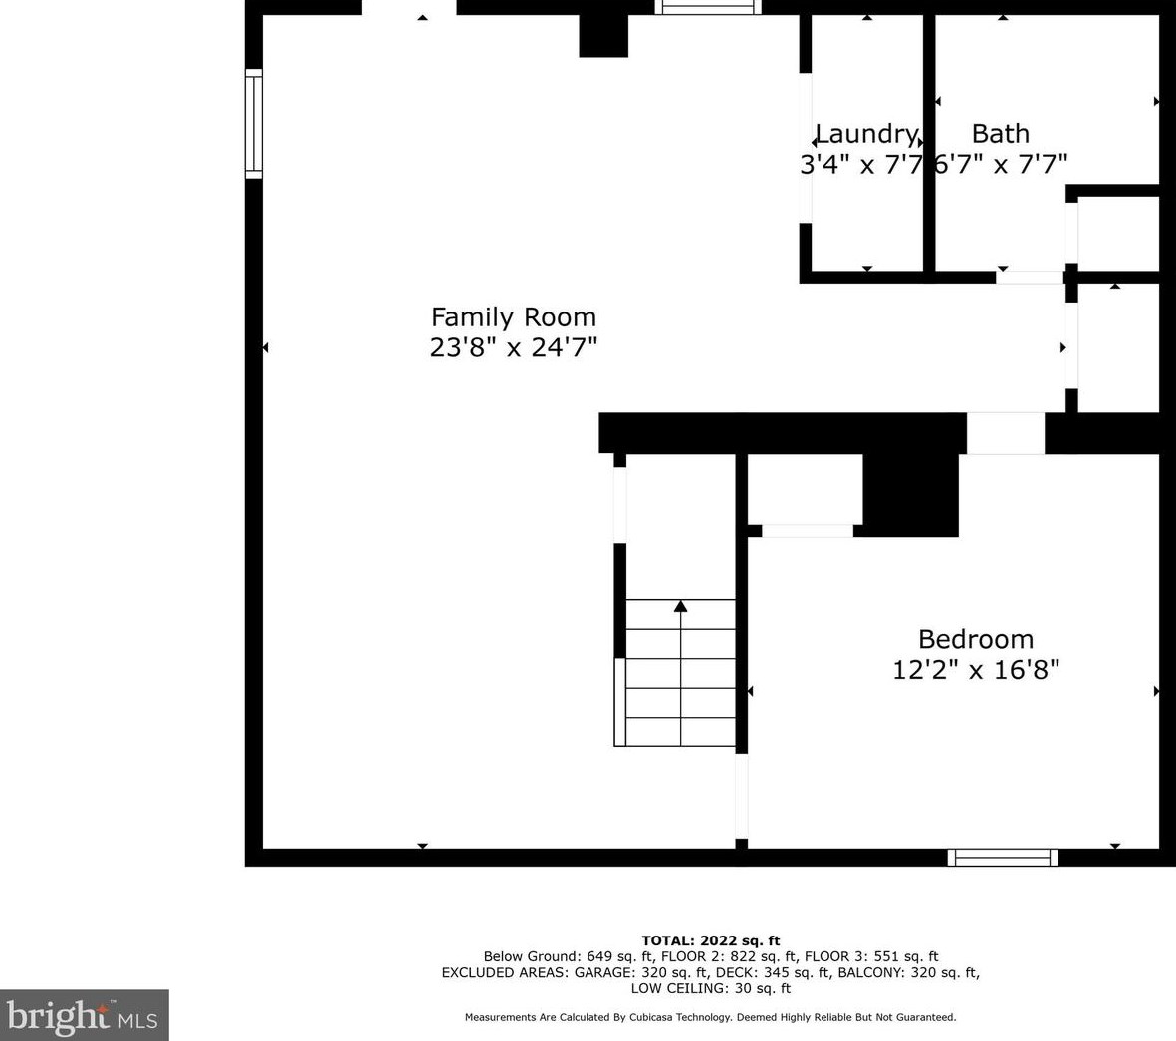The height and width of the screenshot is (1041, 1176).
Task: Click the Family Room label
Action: [514, 317]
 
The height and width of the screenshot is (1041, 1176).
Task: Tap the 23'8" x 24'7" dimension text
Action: [514, 347]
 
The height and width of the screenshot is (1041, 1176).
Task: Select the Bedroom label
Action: [976, 639]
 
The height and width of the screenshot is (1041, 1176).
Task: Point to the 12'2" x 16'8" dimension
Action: [976, 669]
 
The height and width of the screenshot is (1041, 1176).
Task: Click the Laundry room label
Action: [866, 135]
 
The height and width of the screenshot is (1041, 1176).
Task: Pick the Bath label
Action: [1001, 134]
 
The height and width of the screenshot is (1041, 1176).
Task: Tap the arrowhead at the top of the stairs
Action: [680, 605]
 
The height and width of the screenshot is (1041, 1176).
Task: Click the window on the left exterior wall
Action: [254, 123]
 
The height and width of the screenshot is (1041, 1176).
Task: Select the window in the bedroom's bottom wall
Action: [1003, 858]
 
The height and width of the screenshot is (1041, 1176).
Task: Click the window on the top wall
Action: [708, 7]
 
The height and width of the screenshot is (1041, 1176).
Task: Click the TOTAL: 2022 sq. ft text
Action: [710, 940]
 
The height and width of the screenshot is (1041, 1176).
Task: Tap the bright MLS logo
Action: [84, 1015]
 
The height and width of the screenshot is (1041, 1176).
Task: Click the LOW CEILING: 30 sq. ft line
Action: [710, 988]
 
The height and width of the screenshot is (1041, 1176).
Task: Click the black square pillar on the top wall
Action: [603, 35]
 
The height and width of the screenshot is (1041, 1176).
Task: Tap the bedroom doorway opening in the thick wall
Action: [1005, 433]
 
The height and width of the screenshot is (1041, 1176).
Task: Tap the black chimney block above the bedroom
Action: [910, 495]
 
